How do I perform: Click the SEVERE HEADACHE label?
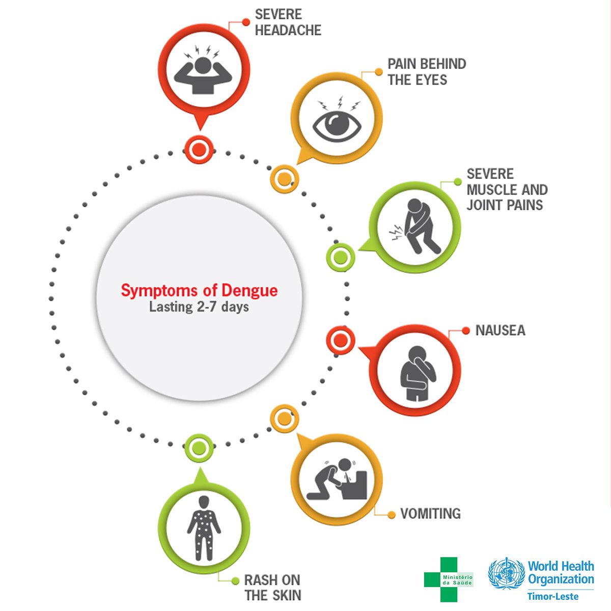288,22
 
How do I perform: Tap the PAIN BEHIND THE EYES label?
427,72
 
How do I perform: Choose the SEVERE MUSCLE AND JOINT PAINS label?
507,189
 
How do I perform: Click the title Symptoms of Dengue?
199,290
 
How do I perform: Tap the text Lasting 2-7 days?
199,307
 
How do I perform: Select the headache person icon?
203,70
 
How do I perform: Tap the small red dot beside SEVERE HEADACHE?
246,22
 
